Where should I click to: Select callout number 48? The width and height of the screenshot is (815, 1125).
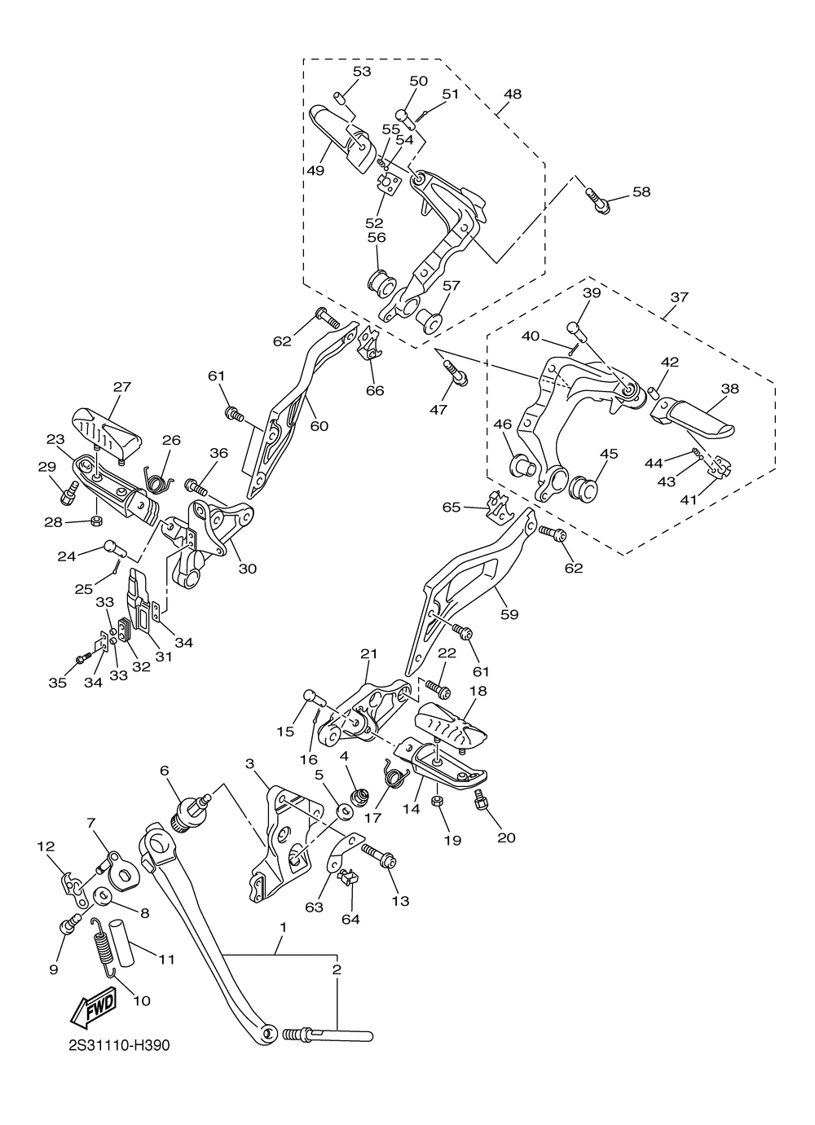pyautogui.click(x=513, y=94)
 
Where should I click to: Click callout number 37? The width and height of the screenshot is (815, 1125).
pyautogui.click(x=680, y=297)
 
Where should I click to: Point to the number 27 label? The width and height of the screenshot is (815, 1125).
pyautogui.click(x=121, y=387)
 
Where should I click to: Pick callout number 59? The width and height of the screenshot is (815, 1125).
pyautogui.click(x=509, y=614)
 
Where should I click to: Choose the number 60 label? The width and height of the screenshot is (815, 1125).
pyautogui.click(x=319, y=426)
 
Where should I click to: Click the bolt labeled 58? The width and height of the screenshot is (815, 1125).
pyautogui.click(x=597, y=200)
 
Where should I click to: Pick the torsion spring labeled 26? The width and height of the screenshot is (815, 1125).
pyautogui.click(x=158, y=481)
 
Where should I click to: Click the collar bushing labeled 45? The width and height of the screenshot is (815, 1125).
pyautogui.click(x=584, y=489)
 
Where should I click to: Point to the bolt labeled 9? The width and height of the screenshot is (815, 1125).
pyautogui.click(x=70, y=923)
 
